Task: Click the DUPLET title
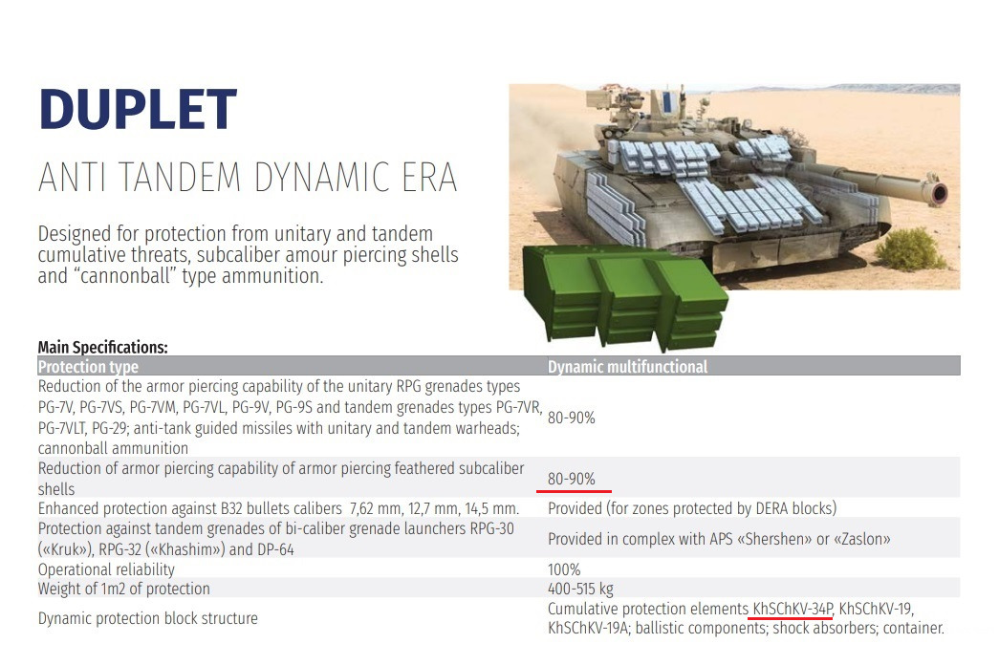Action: point(138,110)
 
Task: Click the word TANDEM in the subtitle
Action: point(177,177)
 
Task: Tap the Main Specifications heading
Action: point(102,347)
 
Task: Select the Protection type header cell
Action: point(88,366)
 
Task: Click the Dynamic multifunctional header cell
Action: point(627,366)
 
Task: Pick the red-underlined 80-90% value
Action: point(572,479)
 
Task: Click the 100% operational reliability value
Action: point(564,568)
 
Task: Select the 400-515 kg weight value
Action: point(580,589)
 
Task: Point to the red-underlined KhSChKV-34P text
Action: point(793,609)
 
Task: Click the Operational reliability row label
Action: point(106,569)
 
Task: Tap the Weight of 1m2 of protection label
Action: point(123,589)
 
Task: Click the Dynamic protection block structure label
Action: point(148,618)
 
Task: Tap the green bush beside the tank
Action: point(910,248)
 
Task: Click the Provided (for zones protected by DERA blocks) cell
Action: point(692,508)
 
